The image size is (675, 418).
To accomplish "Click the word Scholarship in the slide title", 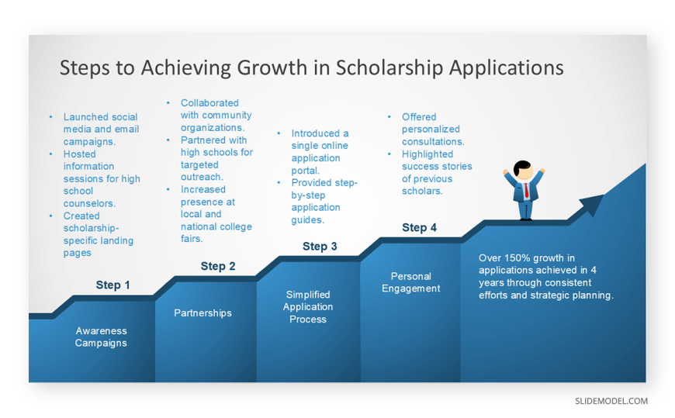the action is click(389, 68).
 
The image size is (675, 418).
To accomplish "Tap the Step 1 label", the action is click(112, 285).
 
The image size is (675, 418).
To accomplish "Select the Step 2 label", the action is click(218, 266).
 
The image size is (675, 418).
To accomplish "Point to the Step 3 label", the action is click(320, 247).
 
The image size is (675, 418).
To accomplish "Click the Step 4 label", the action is click(419, 227).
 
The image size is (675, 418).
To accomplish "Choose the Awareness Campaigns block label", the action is click(101, 337).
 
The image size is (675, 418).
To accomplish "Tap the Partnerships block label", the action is click(202, 313).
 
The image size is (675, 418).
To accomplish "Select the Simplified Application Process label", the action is click(308, 307).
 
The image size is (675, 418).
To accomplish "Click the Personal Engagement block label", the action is click(410, 282).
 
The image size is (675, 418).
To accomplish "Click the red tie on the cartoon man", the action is click(526, 190).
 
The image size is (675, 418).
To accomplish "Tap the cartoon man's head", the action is click(523, 170).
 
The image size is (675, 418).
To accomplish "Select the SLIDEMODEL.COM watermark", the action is click(611, 401).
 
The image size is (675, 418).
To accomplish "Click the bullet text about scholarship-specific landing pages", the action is click(99, 234).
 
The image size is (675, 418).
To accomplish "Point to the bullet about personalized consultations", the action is click(433, 130).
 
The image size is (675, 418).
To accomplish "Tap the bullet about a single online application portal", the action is click(320, 151).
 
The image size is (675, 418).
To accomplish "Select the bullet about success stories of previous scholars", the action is click(437, 172).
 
